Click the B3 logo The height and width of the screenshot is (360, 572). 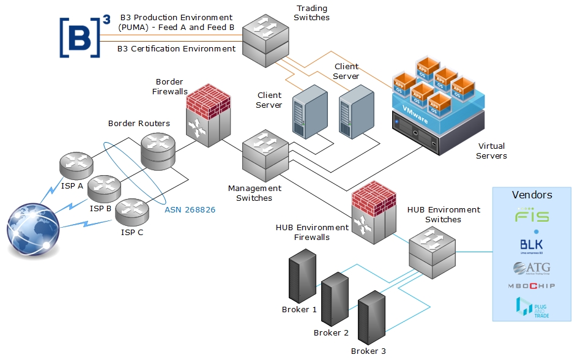pos(80,37)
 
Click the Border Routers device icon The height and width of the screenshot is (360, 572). pos(158,151)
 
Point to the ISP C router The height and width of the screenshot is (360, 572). pos(132,212)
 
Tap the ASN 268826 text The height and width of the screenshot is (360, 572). pos(190,210)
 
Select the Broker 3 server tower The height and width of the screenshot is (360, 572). pos(371,318)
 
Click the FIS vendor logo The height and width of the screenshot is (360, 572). pos(532,216)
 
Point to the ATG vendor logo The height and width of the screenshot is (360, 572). pos(532,268)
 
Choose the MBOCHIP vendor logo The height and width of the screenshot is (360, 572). pos(532,286)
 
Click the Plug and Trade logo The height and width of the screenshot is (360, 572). pos(532,306)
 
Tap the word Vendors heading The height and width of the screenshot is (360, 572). pos(532,195)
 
